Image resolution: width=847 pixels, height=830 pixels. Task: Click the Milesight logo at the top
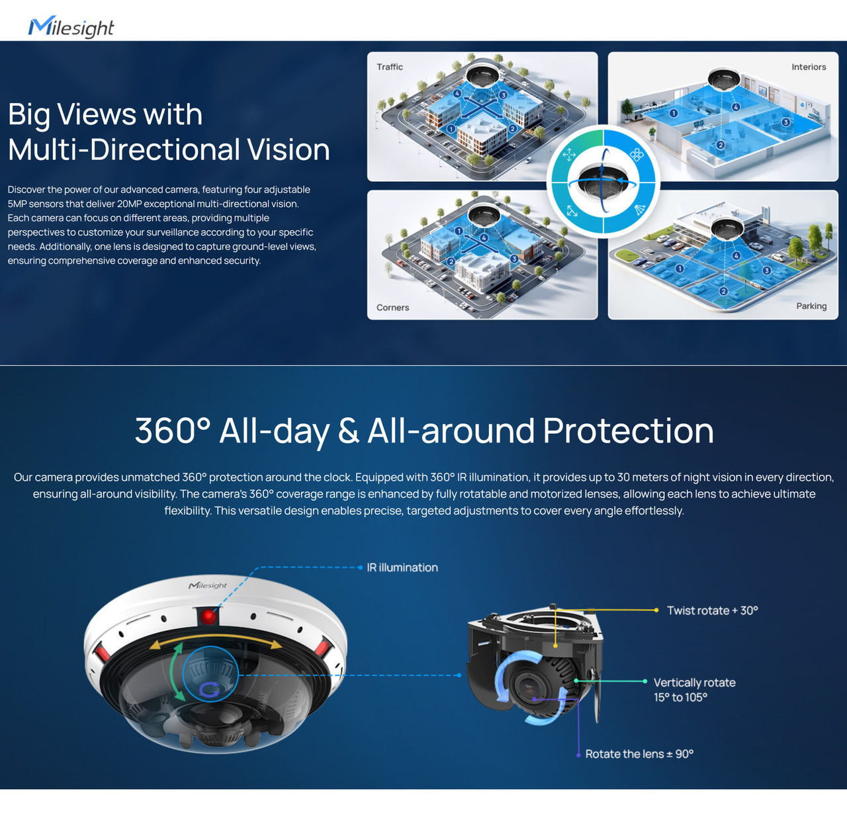coord(71,27)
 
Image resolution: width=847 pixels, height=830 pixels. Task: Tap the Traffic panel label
coord(390,67)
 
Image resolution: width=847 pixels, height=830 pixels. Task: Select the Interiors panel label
coord(809,67)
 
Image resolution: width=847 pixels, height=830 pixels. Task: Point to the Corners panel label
coord(392,308)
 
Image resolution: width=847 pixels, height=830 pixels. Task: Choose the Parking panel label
coord(811,306)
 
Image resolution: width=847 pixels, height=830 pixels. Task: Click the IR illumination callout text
coord(402,567)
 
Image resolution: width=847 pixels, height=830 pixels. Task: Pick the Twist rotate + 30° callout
coord(712,610)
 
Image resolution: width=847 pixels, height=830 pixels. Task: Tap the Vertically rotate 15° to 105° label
coord(694,690)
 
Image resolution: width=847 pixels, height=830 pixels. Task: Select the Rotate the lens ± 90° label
coord(639,754)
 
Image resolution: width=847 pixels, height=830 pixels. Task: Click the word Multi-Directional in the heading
coord(123,149)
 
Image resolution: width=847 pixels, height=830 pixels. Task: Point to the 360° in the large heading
coord(172,431)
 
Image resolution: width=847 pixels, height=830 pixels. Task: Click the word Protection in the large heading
coord(628,431)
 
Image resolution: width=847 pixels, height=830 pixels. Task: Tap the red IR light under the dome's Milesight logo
coord(209,616)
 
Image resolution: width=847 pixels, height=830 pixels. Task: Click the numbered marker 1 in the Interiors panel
coord(673,113)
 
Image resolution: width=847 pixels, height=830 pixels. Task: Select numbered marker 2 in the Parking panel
coord(723,291)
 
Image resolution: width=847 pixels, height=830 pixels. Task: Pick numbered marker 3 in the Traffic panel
coord(504,95)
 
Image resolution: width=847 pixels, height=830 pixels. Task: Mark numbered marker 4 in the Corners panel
coord(484,238)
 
